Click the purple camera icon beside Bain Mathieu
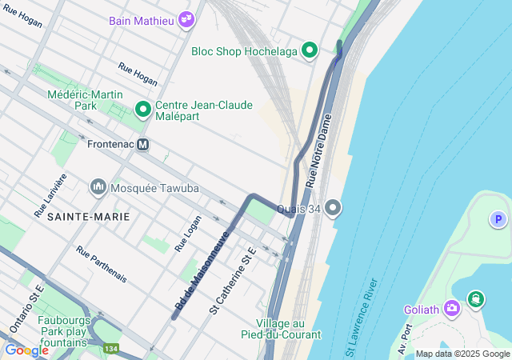point(186,18)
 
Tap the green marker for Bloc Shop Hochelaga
point(310,51)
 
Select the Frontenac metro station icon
point(143,146)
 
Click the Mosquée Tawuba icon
point(98,186)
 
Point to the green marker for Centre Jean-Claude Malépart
point(143,108)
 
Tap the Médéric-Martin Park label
point(85,100)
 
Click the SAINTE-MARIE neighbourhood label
point(87,217)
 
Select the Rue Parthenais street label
point(101,263)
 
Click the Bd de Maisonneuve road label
point(202,272)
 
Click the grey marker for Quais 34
point(334,209)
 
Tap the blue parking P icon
point(498,219)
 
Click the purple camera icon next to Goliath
point(453,307)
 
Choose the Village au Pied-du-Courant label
point(283,329)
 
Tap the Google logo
point(26,350)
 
